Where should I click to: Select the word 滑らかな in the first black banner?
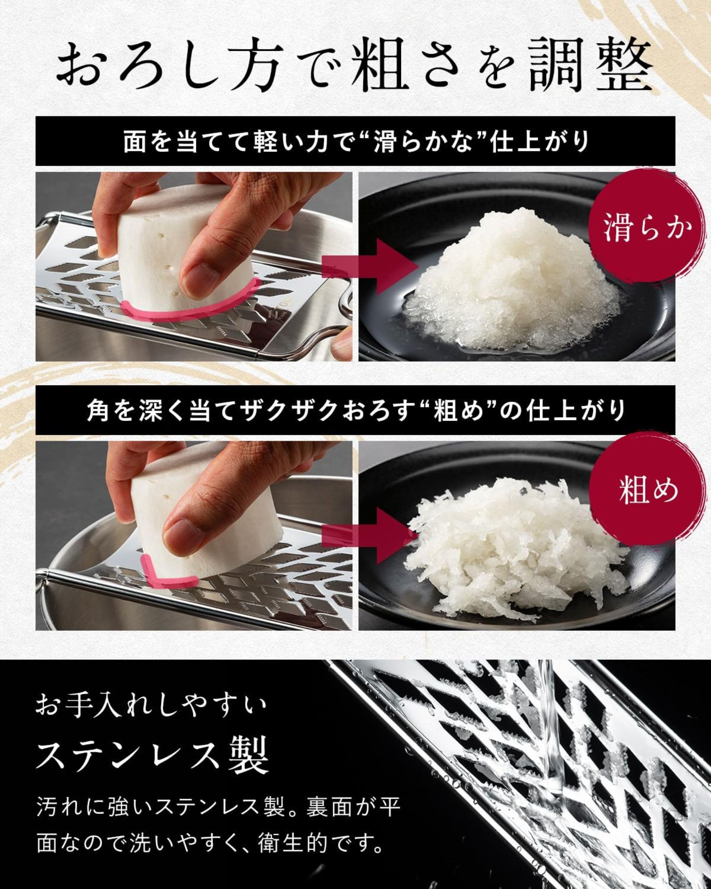coord(425,142)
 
